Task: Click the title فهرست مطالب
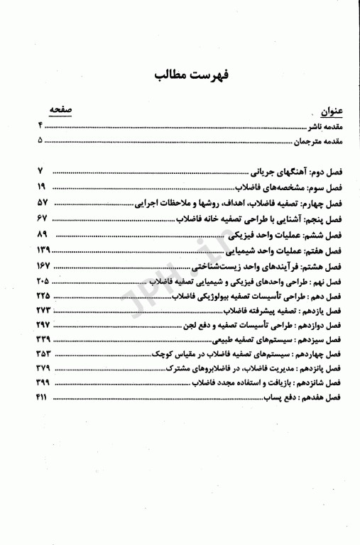tap(179, 75)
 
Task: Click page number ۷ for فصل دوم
tap(40, 171)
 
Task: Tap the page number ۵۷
tap(40, 202)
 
